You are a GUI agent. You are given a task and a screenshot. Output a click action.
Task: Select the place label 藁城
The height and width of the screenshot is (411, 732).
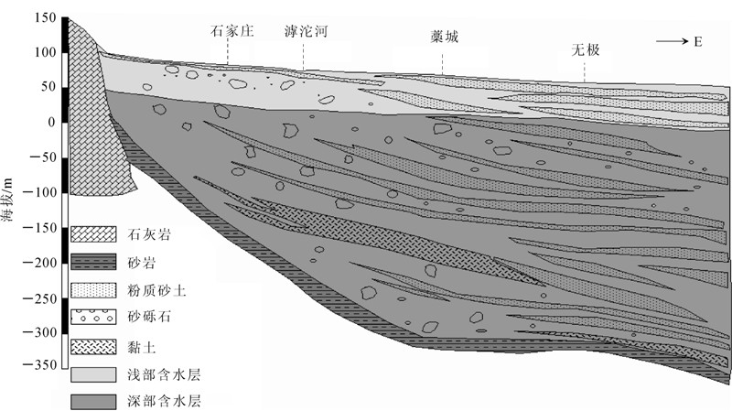[x=443, y=39]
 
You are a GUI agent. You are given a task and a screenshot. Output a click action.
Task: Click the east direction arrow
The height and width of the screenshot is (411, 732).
[x=673, y=41]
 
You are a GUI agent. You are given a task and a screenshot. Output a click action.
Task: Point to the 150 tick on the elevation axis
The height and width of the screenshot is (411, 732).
[x=45, y=18]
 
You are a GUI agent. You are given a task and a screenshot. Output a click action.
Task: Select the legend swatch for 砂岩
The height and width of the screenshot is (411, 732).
[x=92, y=263]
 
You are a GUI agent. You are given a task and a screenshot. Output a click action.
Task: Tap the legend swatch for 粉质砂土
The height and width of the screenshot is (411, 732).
[x=92, y=290]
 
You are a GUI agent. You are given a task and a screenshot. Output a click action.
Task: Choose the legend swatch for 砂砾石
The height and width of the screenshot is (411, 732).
[x=92, y=318]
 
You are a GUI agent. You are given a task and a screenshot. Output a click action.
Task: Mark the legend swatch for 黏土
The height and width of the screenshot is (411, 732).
[x=92, y=346]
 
